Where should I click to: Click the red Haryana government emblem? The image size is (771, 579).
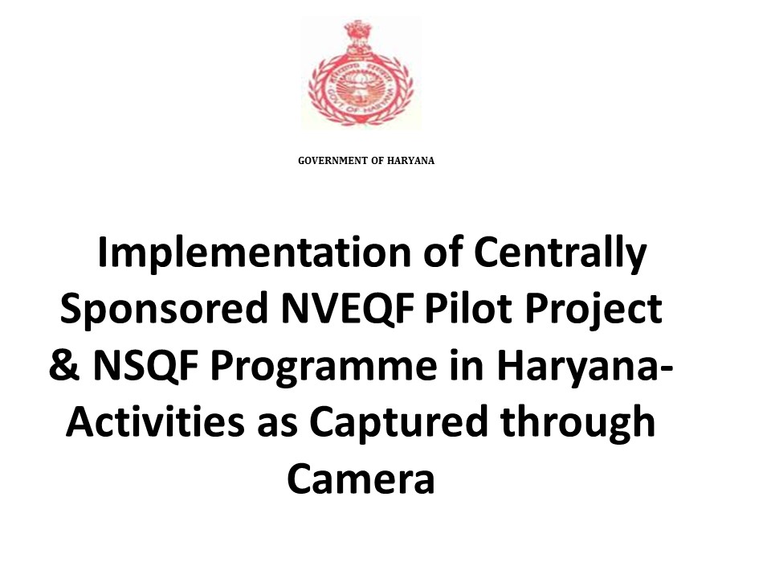click(x=361, y=72)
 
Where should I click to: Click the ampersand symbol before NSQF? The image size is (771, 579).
click(x=64, y=365)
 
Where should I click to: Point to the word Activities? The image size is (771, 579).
click(x=155, y=421)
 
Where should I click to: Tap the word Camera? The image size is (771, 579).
click(x=361, y=478)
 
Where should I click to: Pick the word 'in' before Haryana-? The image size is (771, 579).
click(x=467, y=367)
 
